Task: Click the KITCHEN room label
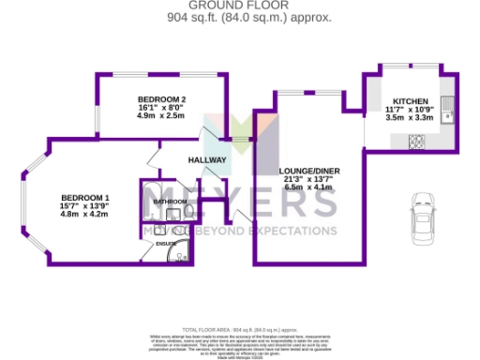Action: point(410,100)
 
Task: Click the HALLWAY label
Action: point(207,160)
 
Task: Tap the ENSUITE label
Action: point(166,244)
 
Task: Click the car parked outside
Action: point(424,217)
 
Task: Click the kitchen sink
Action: point(448,112)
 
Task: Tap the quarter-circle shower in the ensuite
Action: point(184,251)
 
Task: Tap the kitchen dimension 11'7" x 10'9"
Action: point(410,110)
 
